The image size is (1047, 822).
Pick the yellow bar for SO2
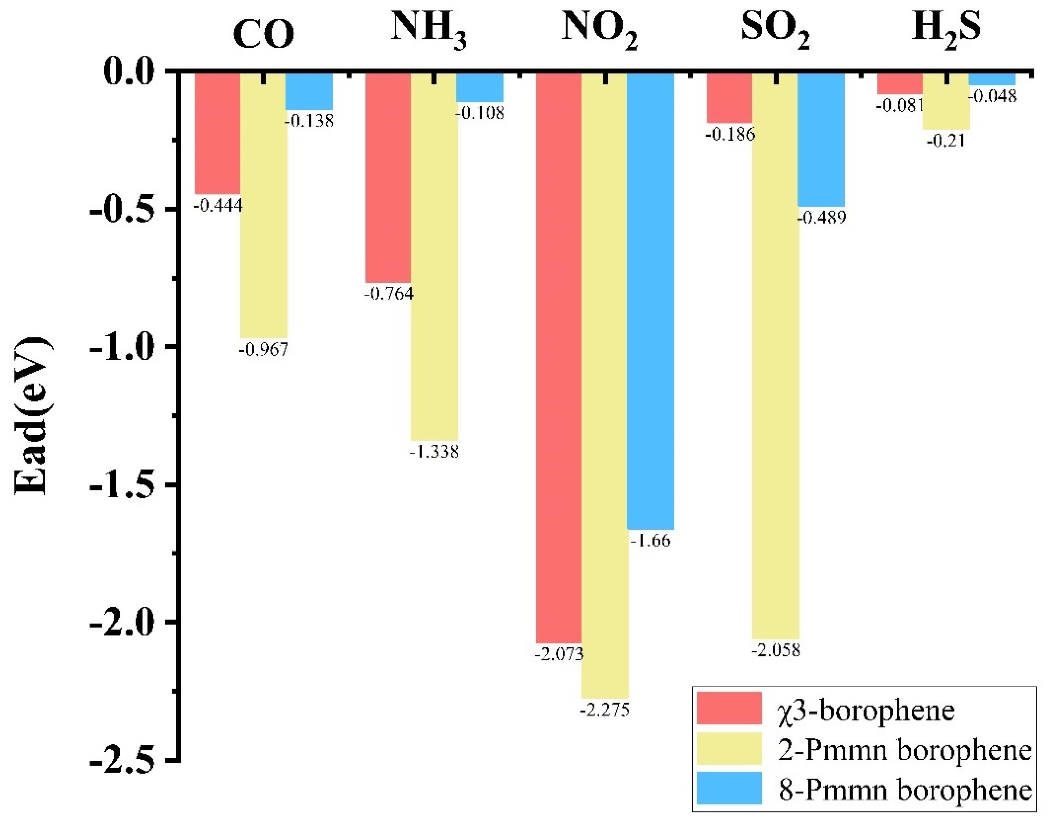click(x=776, y=356)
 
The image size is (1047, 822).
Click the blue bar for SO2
click(x=821, y=140)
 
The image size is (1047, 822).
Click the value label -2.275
click(x=604, y=710)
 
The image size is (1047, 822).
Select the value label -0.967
click(x=263, y=349)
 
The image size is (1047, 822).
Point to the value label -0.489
click(x=821, y=218)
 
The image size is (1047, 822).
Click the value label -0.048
click(x=992, y=97)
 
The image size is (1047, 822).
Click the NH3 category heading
click(x=428, y=30)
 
